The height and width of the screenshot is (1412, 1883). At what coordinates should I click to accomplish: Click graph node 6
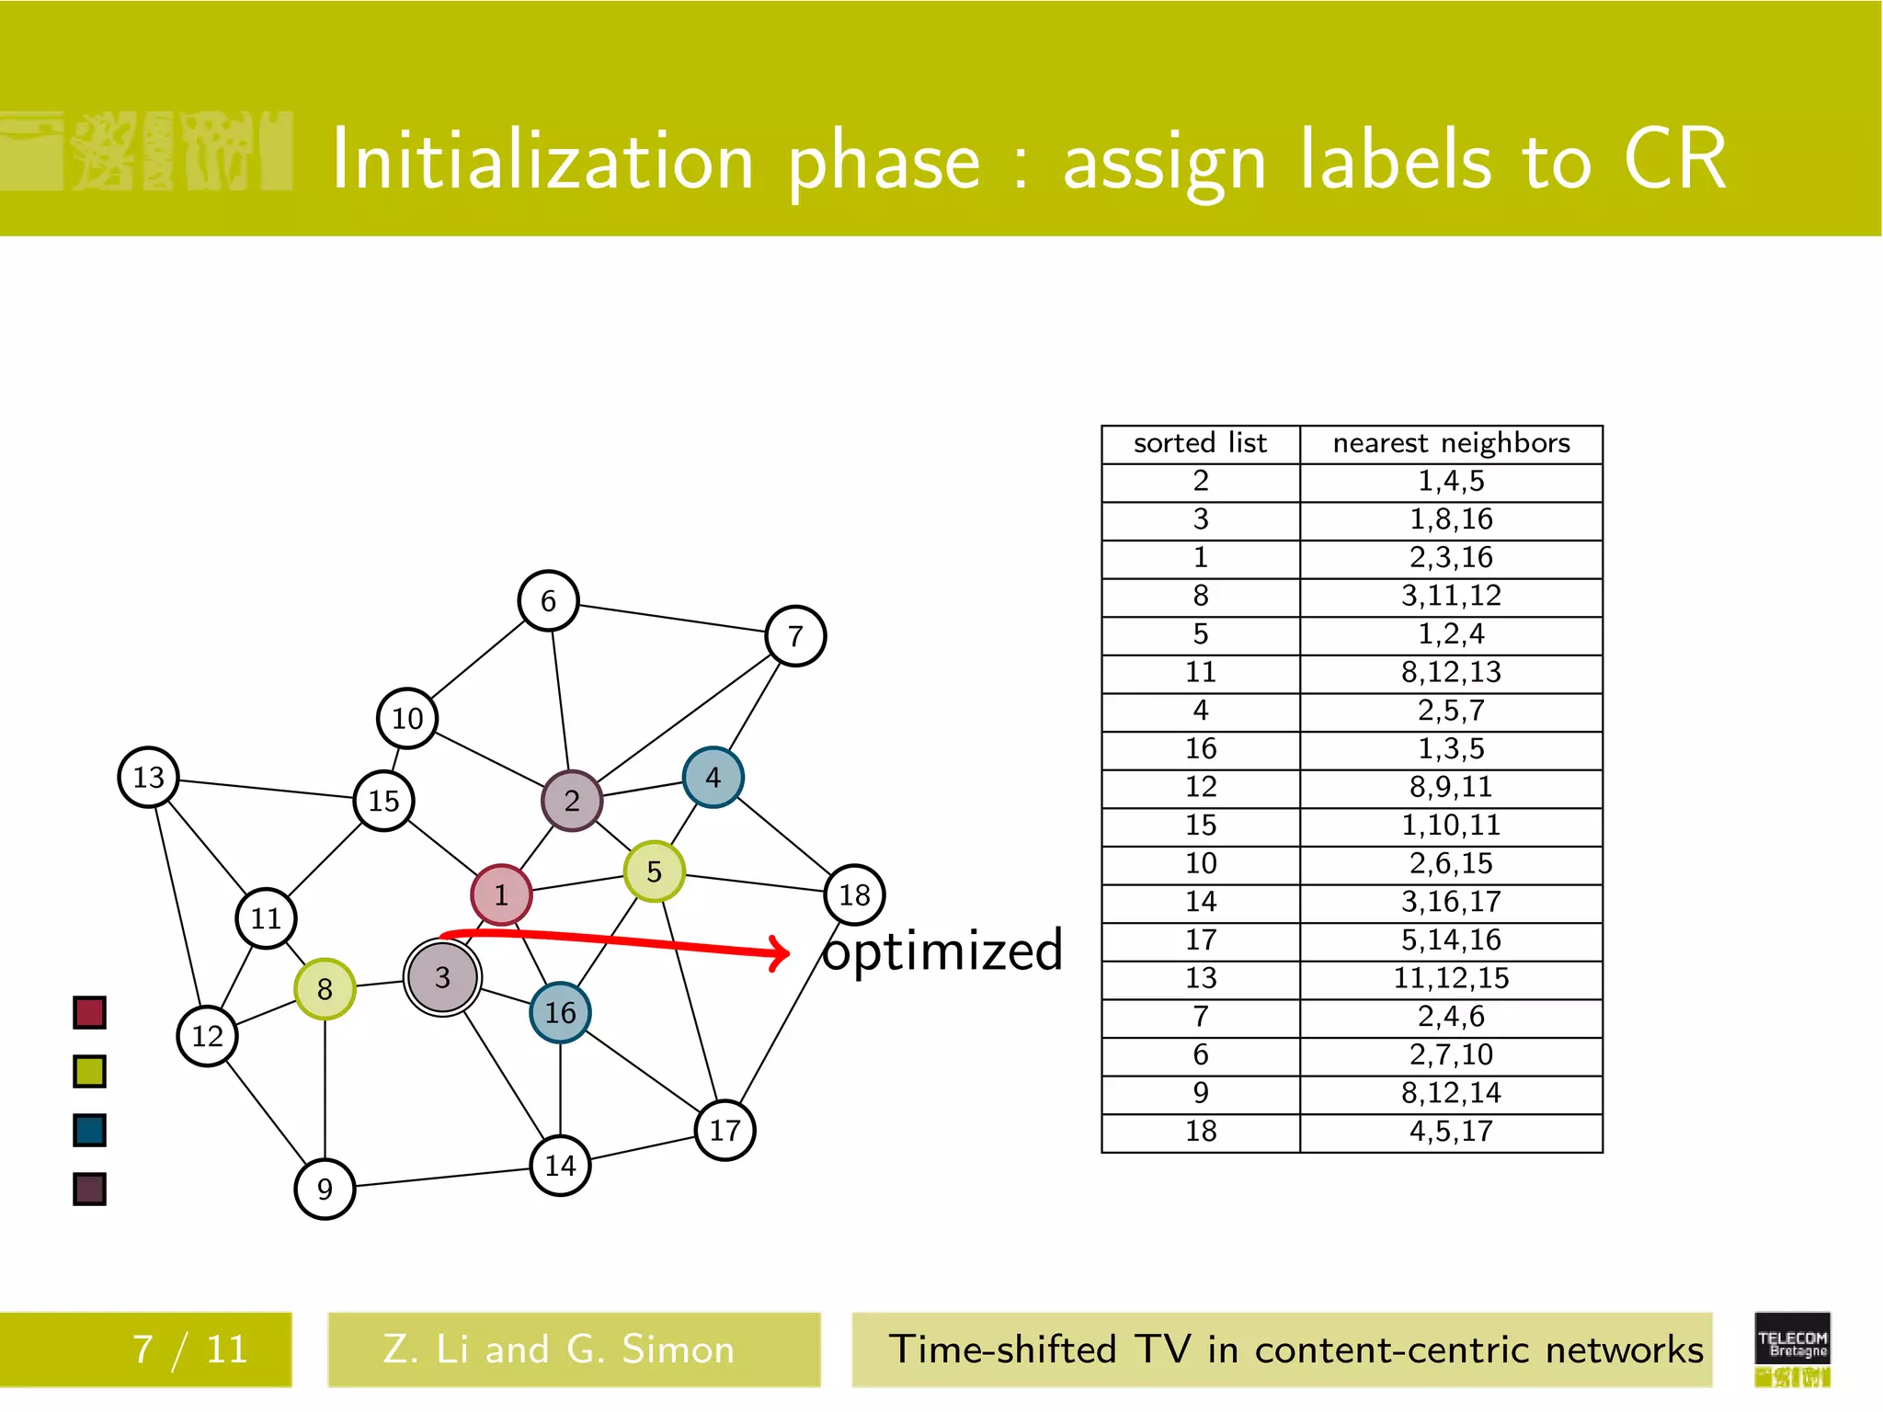548,600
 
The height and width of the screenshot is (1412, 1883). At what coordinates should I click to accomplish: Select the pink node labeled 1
501,894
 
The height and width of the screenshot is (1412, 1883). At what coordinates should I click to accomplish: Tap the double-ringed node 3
442,977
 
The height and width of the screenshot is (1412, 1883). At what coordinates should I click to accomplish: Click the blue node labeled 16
560,1013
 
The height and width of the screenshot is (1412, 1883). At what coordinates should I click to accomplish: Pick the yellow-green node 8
325,989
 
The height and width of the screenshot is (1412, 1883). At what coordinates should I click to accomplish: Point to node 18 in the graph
854,894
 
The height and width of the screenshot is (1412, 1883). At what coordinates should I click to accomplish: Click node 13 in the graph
148,778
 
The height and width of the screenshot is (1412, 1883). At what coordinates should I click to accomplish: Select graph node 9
325,1190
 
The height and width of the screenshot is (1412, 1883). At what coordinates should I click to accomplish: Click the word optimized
942,951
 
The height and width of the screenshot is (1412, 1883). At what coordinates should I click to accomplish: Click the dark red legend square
89,1013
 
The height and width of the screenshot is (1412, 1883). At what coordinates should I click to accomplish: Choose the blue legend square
89,1131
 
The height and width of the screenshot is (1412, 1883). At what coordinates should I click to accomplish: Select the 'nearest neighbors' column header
1451,444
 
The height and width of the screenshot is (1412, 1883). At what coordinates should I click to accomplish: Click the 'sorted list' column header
1200,444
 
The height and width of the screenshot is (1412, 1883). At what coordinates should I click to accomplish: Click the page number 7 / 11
190,1349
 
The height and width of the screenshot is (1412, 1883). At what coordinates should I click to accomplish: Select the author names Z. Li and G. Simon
559,1349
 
